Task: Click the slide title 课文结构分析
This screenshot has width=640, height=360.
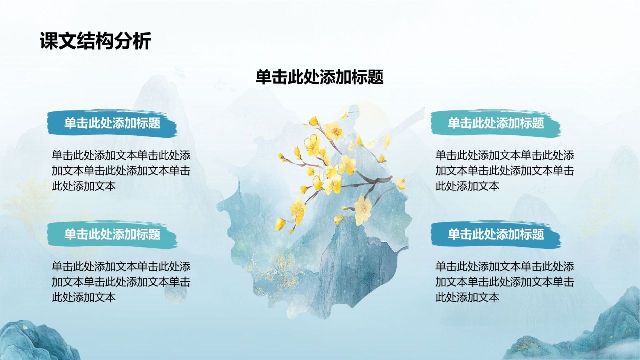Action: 95,41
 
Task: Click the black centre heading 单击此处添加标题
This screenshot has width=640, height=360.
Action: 319,77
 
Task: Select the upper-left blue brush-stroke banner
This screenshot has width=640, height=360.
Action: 112,123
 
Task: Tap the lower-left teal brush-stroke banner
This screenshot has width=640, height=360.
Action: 112,234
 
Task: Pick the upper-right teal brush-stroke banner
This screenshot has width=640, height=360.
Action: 496,123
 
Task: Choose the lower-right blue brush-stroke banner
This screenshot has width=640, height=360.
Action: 496,234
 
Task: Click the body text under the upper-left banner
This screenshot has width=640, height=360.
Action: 121,171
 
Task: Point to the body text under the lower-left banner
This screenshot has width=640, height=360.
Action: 121,282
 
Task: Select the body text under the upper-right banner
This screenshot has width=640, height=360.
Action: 505,171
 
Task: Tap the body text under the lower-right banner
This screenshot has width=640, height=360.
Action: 505,282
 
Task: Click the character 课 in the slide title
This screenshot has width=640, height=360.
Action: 49,41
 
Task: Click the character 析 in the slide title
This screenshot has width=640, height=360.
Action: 142,41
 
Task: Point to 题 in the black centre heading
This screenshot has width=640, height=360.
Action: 375,77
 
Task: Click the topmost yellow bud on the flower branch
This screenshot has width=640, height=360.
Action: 313,121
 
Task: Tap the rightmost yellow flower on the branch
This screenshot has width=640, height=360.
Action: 400,183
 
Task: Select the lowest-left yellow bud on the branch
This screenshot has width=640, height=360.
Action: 280,224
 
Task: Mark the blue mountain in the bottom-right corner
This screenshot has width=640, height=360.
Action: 577,328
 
